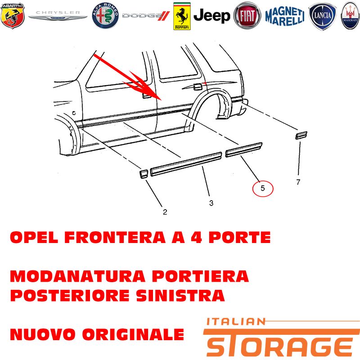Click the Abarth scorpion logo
[13, 16]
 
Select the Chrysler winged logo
[58, 15]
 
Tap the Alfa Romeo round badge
[105, 16]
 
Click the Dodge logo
[146, 16]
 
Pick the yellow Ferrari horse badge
[182, 16]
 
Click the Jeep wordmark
[211, 16]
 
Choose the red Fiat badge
[247, 16]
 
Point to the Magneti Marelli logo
[285, 16]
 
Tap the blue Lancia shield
[322, 16]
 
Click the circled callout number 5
[263, 189]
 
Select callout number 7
[298, 182]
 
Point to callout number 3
[211, 203]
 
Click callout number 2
[165, 212]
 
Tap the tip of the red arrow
[162, 100]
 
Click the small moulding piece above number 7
[301, 135]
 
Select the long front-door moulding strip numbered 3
[186, 164]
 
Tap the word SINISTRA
[180, 295]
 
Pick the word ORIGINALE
[133, 334]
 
